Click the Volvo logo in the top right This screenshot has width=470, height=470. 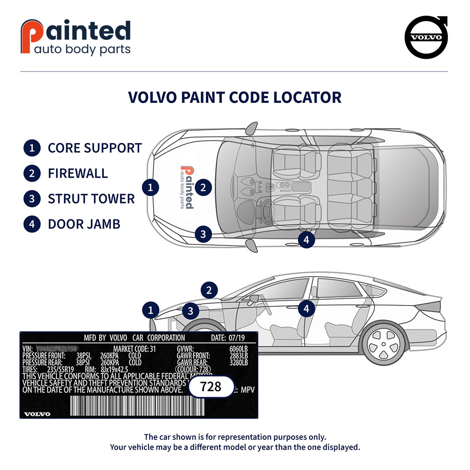[x=426, y=38]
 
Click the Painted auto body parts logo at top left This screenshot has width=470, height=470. [x=75, y=38]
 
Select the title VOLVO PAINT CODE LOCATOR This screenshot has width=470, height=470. [x=235, y=97]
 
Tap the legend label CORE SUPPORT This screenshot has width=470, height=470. [x=94, y=148]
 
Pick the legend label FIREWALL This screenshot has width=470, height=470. [x=78, y=173]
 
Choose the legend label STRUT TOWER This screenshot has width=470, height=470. [x=91, y=198]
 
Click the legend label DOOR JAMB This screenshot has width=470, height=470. [x=84, y=224]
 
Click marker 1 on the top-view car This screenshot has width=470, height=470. [x=150, y=188]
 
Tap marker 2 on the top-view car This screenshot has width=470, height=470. [x=203, y=188]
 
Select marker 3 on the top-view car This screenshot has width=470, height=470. [x=203, y=234]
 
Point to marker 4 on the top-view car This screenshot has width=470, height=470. [x=306, y=240]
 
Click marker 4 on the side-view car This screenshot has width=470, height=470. [x=306, y=309]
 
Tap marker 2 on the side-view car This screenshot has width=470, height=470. [x=210, y=290]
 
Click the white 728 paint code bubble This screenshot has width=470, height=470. [x=211, y=387]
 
